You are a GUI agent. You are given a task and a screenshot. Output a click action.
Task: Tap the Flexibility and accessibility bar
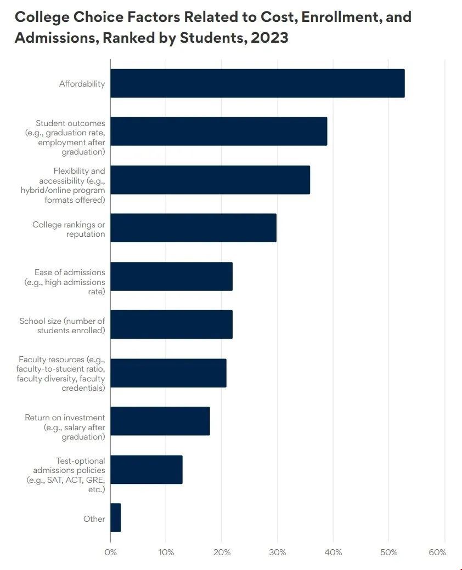click(210, 179)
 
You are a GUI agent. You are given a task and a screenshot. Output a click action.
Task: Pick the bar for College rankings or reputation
click(193, 227)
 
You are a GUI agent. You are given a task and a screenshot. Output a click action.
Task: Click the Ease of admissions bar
click(171, 276)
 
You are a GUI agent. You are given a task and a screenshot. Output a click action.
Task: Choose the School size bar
click(171, 324)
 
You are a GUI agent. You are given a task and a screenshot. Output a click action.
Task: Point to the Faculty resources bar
click(168, 373)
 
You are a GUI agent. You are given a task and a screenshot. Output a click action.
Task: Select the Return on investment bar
click(160, 420)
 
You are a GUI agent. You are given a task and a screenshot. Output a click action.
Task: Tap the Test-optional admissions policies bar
click(146, 469)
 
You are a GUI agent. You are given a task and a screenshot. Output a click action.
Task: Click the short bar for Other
click(115, 517)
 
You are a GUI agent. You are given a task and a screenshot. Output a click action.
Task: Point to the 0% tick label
click(110, 552)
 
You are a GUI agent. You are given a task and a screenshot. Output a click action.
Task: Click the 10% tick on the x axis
click(166, 552)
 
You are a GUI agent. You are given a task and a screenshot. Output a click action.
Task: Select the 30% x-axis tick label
click(278, 552)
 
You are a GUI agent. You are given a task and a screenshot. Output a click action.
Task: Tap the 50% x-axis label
click(388, 552)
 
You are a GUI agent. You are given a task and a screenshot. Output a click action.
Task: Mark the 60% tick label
click(437, 552)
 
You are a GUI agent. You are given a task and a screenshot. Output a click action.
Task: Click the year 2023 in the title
click(269, 39)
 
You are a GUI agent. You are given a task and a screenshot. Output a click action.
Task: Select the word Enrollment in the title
click(337, 16)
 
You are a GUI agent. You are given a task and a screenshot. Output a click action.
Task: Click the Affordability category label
click(82, 84)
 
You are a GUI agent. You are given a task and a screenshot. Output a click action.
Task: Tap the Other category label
click(94, 518)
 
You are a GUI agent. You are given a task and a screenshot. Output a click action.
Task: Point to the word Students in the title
click(209, 39)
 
